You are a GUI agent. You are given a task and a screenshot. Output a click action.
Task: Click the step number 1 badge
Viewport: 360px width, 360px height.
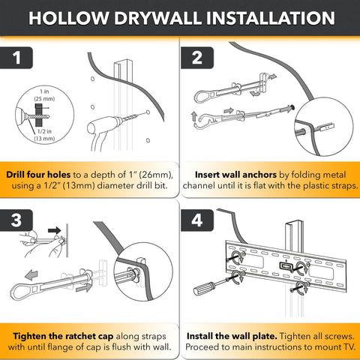point(16,58)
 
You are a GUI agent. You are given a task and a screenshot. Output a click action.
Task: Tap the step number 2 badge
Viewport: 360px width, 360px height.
point(197,58)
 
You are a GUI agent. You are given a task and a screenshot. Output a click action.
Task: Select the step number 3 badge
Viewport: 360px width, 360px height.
point(16,220)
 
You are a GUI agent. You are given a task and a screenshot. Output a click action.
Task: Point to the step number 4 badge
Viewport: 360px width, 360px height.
point(197,220)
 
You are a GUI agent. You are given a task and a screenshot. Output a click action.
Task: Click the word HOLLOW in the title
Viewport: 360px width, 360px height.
point(69,18)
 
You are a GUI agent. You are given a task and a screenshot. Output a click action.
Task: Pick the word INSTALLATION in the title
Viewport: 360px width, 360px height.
point(271,18)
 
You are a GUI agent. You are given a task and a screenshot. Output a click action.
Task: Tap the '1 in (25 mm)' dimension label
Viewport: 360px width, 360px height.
point(44,95)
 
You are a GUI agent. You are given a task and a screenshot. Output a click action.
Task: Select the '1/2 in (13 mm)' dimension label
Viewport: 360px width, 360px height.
point(44,135)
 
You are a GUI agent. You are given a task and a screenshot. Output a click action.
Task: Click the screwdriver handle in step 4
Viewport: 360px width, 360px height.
point(204,289)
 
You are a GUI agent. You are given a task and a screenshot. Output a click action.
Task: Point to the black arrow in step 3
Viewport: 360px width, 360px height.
point(55,230)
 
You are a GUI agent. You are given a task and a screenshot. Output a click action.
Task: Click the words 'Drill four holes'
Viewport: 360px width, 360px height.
point(38,175)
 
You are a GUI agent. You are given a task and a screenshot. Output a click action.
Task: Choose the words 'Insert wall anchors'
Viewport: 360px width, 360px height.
point(235,175)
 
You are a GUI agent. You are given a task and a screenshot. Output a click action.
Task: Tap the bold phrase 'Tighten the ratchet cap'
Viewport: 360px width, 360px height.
point(63,336)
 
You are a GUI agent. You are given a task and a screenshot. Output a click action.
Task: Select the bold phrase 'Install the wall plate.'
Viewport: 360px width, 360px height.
point(232,336)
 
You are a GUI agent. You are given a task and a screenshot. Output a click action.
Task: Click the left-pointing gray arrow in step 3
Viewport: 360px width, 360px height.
point(31,275)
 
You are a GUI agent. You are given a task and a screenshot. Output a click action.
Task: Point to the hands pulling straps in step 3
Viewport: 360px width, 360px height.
point(43,244)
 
